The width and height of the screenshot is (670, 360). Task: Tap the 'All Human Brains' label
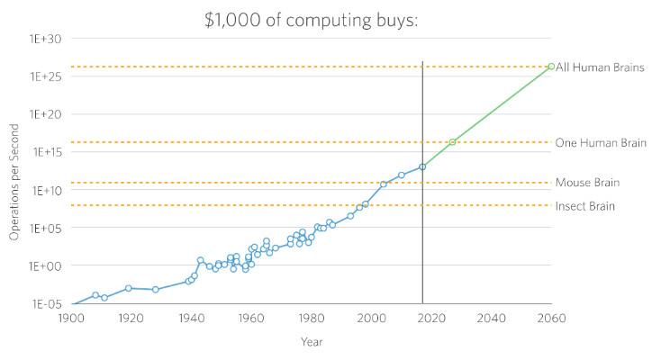pyautogui.click(x=599, y=67)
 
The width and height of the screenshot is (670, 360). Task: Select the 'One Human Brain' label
pyautogui.click(x=600, y=143)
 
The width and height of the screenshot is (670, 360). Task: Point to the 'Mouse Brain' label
pyautogui.click(x=587, y=183)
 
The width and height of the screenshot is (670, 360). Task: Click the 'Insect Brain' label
pyautogui.click(x=584, y=206)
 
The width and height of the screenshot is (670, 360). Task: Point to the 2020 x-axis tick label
pyautogui.click(x=431, y=318)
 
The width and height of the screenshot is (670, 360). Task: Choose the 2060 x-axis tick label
pyautogui.click(x=551, y=318)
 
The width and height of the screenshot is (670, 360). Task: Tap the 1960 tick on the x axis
pyautogui.click(x=251, y=318)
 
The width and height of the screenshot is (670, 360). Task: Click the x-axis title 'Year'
pyautogui.click(x=311, y=342)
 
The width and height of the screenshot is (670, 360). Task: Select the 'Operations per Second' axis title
pyautogui.click(x=14, y=183)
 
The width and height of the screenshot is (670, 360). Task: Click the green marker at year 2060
pyautogui.click(x=551, y=66)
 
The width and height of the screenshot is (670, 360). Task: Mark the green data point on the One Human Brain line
pyautogui.click(x=452, y=142)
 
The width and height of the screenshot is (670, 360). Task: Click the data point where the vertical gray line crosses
pyautogui.click(x=422, y=166)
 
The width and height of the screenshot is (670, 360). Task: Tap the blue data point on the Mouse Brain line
pyautogui.click(x=384, y=184)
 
